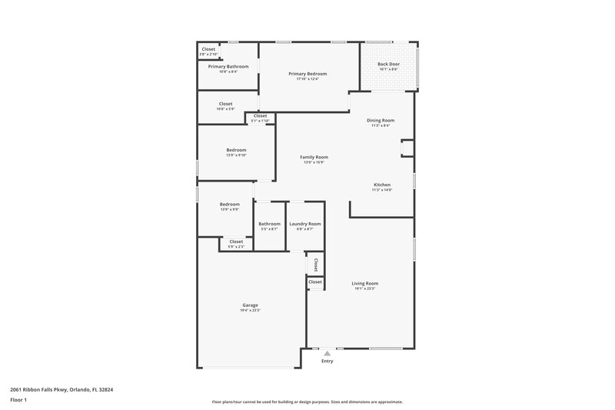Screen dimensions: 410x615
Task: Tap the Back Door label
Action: [389, 64]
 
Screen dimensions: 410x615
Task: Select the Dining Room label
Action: [382, 120]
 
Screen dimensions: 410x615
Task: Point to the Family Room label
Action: [314, 157]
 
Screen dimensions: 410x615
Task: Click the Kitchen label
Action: [382, 185]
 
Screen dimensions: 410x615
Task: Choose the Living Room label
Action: [365, 283]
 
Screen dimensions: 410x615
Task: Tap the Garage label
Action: [250, 305]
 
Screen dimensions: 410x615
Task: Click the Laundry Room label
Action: [304, 224]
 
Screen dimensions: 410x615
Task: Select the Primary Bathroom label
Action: [228, 67]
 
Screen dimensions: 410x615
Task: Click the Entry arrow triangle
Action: [327, 353]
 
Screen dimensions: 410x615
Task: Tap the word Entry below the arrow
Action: [327, 361]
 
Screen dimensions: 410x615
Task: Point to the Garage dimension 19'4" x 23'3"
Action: [250, 311]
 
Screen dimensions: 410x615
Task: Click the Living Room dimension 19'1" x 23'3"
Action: [365, 288]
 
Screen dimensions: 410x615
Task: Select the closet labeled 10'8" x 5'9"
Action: [225, 106]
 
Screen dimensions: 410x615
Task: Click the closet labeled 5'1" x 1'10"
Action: [260, 118]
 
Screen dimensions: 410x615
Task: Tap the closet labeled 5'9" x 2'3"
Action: [235, 244]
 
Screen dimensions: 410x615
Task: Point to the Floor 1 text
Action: [18, 401]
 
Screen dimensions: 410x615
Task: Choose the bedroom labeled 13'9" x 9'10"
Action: [236, 152]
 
